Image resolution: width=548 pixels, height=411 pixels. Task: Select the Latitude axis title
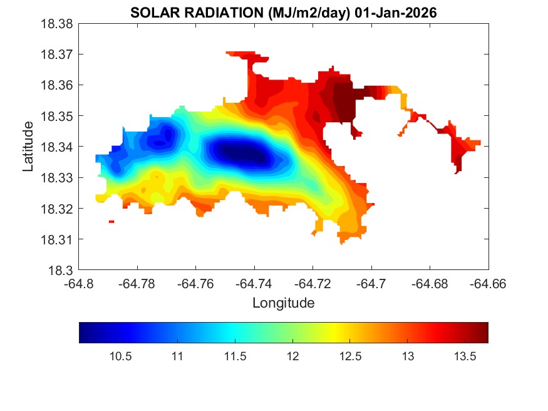[28, 147]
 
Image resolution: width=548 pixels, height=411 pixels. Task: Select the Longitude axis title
[283, 303]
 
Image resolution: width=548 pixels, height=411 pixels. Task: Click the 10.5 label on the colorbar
[120, 356]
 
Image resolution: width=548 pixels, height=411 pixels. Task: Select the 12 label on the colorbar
[292, 356]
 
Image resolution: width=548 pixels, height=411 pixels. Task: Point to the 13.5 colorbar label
[465, 356]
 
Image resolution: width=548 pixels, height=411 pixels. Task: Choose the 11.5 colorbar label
[235, 356]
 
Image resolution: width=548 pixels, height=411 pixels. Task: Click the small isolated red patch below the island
[111, 221]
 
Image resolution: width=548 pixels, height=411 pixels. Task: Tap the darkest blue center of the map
[241, 152]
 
